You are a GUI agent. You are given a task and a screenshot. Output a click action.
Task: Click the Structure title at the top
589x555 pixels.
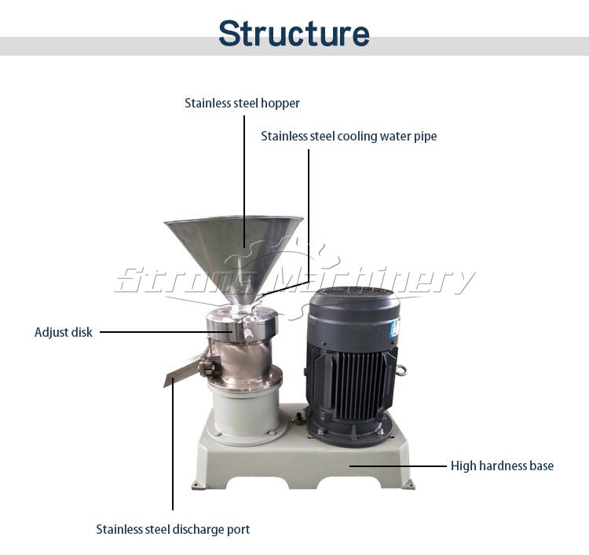294,33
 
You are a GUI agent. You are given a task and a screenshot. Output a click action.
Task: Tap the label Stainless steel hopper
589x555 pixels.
242,103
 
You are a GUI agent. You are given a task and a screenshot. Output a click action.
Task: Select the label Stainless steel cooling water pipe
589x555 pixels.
349,136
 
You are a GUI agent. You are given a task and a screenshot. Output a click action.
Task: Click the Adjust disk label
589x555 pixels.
63,332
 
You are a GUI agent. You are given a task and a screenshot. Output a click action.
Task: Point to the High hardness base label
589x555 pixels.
502,466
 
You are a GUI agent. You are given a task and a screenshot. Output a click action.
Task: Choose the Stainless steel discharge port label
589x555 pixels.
173,529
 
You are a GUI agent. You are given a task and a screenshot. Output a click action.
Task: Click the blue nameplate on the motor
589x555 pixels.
396,327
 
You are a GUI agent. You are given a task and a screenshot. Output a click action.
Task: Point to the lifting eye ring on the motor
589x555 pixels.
404,368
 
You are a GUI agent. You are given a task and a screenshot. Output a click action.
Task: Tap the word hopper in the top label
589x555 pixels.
281,103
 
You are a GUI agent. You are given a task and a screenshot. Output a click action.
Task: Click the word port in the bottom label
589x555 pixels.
238,529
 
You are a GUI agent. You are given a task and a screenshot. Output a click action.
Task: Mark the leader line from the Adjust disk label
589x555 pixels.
157,332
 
